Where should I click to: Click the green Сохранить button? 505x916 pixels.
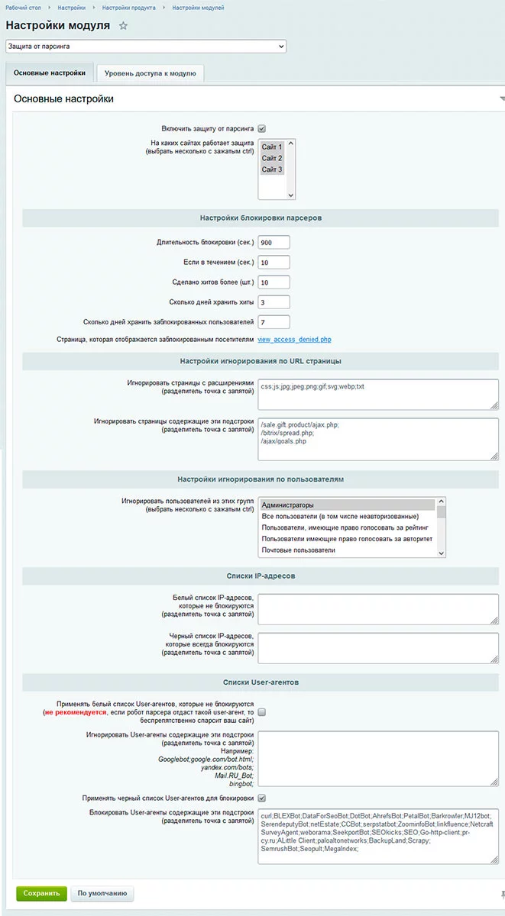click(41, 893)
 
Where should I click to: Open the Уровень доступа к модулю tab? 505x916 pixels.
click(150, 73)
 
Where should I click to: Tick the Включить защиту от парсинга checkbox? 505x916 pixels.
click(262, 128)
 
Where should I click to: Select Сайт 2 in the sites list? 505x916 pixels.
click(271, 158)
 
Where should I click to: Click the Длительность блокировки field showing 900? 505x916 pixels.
click(274, 243)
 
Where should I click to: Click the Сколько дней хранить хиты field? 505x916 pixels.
click(274, 302)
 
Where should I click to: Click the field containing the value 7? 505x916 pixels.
click(274, 322)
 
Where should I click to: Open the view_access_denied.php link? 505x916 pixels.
click(295, 340)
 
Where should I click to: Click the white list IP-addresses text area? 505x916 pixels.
click(378, 609)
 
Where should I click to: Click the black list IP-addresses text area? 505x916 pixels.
click(378, 647)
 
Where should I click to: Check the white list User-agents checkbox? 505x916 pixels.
click(261, 712)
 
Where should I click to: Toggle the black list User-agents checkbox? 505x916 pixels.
click(261, 798)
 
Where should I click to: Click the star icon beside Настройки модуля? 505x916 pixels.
click(123, 26)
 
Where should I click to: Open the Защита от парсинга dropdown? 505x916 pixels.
click(145, 47)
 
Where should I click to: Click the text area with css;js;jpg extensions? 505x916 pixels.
click(378, 395)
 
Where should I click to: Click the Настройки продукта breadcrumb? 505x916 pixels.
click(128, 8)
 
